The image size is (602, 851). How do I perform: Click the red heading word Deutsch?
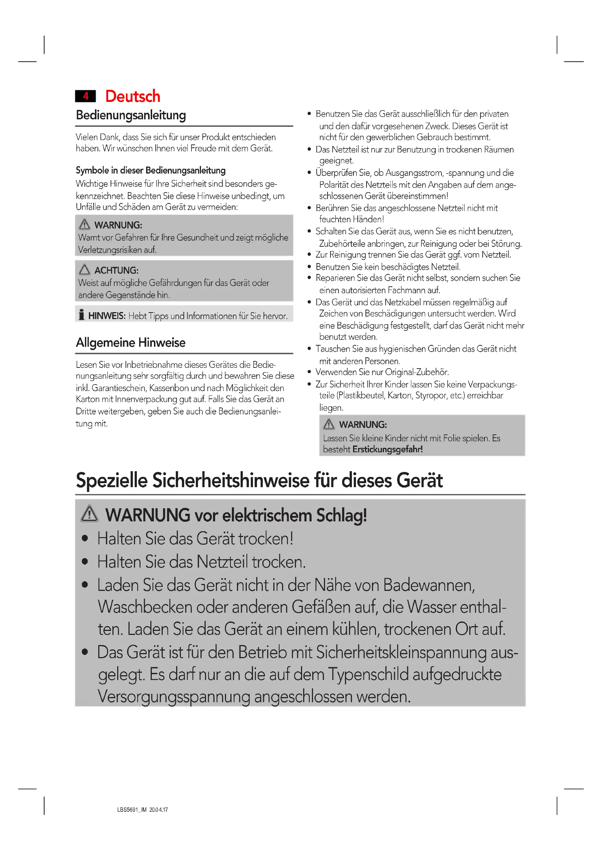[133, 96]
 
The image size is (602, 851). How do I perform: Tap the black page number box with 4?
[86, 96]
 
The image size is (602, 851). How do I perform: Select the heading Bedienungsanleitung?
[131, 115]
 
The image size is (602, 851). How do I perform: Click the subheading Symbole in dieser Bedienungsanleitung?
[151, 171]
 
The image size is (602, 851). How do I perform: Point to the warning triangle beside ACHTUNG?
[84, 270]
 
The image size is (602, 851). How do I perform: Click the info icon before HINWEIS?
[82, 315]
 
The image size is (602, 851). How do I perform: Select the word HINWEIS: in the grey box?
[107, 316]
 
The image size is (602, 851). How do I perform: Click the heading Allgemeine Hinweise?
[131, 342]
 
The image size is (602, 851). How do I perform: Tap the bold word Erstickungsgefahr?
[387, 449]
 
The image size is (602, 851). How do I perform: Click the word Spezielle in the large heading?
[112, 480]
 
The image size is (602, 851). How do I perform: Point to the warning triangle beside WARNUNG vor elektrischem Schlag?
[89, 514]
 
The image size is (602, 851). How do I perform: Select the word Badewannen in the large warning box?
[428, 585]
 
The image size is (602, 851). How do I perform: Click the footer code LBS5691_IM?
[132, 810]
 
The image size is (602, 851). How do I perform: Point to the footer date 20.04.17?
[159, 810]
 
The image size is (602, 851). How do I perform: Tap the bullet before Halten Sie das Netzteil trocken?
[85, 562]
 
